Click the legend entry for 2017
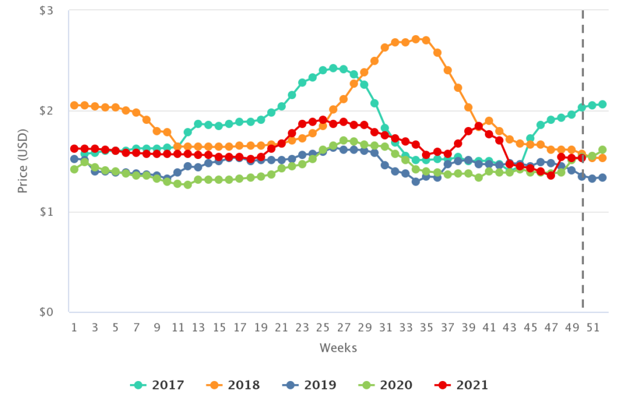pos(157,385)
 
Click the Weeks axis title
pos(338,348)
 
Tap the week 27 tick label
pos(343,327)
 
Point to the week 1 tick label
pos(74,327)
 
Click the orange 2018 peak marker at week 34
pos(416,39)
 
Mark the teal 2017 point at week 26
pos(333,68)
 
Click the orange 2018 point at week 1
pos(74,105)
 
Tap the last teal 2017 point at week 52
pos(603,104)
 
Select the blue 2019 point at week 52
pos(603,178)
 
